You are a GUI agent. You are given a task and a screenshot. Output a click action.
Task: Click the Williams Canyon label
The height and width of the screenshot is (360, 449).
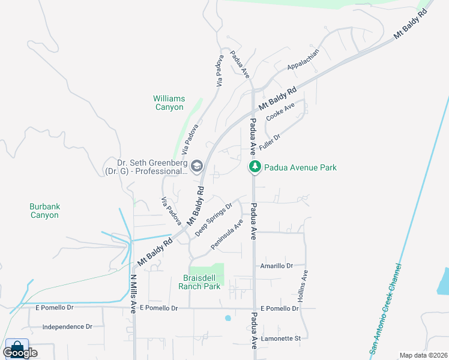[x=169, y=103]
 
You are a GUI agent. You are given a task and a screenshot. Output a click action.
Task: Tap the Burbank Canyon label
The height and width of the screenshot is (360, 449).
[x=44, y=211]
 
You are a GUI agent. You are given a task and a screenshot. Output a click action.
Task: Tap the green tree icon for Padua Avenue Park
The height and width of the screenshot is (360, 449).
[x=255, y=167]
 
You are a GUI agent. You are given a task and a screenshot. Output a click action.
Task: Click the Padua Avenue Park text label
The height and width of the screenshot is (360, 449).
[x=300, y=168]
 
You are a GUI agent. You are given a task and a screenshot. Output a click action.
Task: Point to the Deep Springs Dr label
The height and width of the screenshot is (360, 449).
[x=213, y=220]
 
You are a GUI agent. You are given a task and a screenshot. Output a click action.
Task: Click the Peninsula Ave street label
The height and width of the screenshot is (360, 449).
[x=227, y=235]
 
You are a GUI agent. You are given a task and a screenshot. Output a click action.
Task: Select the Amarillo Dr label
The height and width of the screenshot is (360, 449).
[x=276, y=266]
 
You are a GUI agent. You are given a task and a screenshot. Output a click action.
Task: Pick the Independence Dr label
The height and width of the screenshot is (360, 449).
[x=67, y=327]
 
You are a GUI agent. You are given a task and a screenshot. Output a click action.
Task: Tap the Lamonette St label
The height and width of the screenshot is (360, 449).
[x=280, y=339]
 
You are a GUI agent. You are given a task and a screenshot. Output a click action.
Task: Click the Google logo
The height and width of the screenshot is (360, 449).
[x=20, y=352]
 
